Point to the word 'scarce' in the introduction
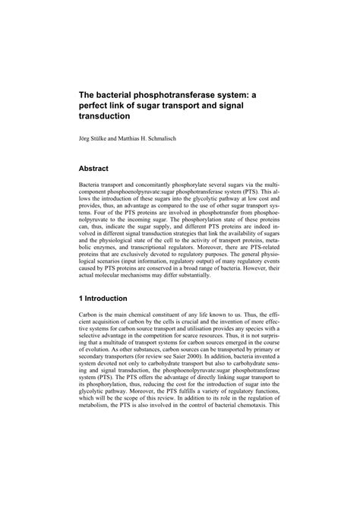[x=214, y=339]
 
